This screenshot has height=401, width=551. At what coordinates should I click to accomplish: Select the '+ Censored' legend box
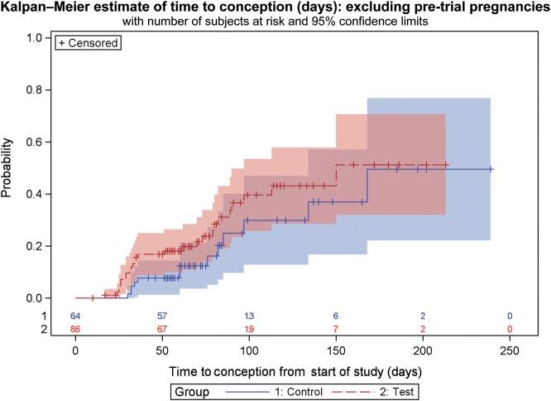click(88, 41)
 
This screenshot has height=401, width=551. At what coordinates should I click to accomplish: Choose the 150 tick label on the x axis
click(336, 350)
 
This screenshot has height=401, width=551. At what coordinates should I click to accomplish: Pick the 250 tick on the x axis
click(510, 350)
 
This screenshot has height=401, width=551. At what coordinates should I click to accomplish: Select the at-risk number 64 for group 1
click(75, 316)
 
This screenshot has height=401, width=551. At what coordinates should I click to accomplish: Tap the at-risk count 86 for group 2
click(75, 329)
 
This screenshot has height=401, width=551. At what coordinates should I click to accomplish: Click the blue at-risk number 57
click(162, 316)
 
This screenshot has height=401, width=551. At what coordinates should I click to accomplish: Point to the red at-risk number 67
click(162, 329)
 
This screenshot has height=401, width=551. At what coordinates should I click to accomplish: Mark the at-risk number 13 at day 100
click(249, 316)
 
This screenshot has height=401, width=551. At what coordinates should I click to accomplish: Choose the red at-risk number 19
click(249, 329)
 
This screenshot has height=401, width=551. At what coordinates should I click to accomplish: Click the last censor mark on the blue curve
click(491, 169)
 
